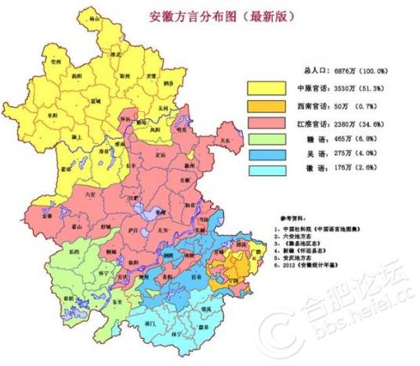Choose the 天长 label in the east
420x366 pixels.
click(225, 139)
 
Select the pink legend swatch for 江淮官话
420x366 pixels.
click(268, 123)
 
